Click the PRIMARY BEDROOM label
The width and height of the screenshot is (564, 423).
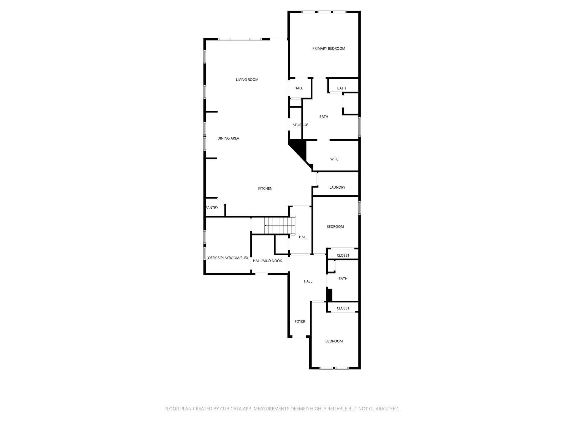[x=329, y=48]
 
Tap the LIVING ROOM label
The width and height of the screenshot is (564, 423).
[x=247, y=80]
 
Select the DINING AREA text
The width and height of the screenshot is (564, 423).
[x=228, y=138]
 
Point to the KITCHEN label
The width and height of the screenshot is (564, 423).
[x=265, y=188]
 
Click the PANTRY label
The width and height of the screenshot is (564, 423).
[x=212, y=208]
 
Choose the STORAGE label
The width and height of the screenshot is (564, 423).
[x=300, y=125]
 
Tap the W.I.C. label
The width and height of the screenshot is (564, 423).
[x=335, y=159]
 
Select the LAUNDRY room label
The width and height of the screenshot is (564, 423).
[x=337, y=187]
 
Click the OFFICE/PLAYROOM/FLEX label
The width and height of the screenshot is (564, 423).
[x=228, y=258]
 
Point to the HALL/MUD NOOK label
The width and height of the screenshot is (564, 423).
[x=267, y=261]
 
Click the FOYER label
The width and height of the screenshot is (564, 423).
[x=300, y=321]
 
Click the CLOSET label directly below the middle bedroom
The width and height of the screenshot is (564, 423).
[x=343, y=255]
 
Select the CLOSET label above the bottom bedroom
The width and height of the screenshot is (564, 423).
[x=343, y=308]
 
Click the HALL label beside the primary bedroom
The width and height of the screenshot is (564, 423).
[x=299, y=88]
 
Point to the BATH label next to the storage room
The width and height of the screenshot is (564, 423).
[x=324, y=116]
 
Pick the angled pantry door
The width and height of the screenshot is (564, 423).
[x=221, y=201]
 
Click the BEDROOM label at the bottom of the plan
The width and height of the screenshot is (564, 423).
[x=334, y=341]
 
